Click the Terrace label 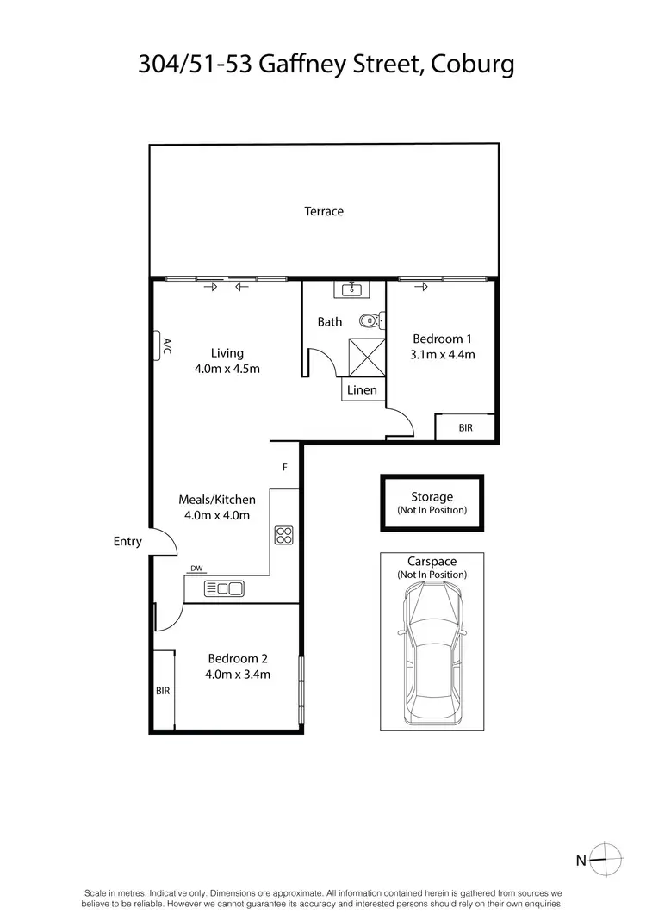click(324, 211)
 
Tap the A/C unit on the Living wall click(161, 345)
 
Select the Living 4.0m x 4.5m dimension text click(227, 369)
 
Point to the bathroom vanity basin click(353, 289)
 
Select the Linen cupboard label click(362, 390)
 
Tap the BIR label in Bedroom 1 click(465, 427)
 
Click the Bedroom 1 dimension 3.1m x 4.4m click(444, 354)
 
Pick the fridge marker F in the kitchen click(284, 468)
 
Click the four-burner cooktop click(283, 535)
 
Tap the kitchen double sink click(224, 589)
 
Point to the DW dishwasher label click(196, 569)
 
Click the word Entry click(127, 542)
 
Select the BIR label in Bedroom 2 click(163, 691)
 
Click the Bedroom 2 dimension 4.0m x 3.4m click(238, 675)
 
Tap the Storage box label click(432, 497)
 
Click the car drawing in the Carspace click(432, 650)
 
